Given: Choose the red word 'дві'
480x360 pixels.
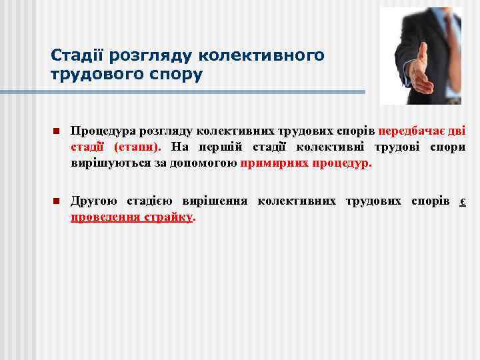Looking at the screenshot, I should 457,131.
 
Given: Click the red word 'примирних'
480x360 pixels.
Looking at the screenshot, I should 272,163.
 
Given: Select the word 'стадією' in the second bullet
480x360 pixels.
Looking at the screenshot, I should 150,201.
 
